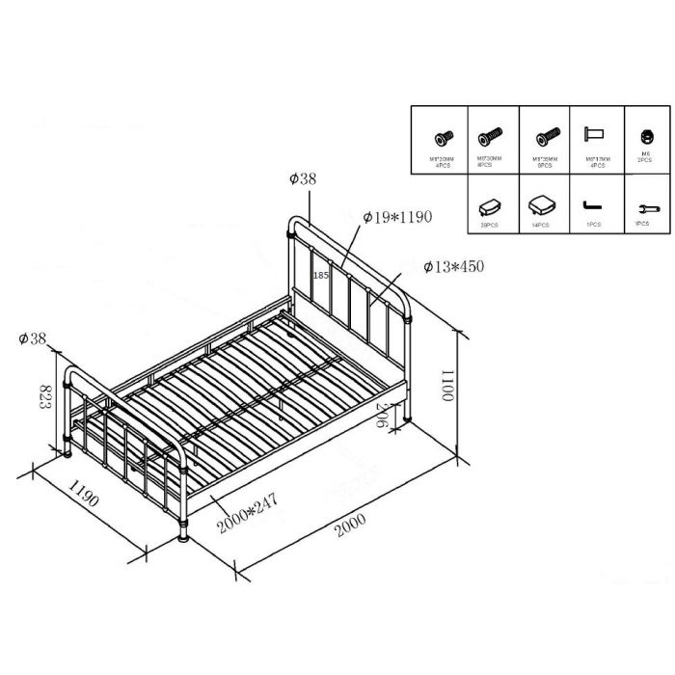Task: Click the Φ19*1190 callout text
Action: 397,218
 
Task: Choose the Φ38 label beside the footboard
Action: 33,337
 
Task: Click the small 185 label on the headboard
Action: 322,275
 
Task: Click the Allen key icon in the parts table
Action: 592,207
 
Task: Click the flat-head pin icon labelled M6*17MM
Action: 592,135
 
